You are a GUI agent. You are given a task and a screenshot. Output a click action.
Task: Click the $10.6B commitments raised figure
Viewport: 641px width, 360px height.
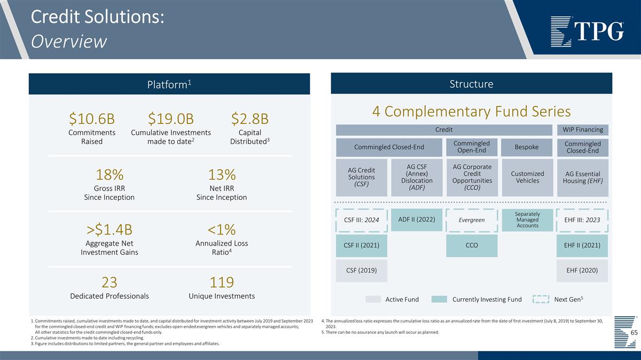click(92, 118)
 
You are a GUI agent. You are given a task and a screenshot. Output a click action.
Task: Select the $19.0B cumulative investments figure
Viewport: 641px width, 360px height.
click(171, 118)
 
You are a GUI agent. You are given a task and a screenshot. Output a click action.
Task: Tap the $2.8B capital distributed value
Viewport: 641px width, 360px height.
click(249, 118)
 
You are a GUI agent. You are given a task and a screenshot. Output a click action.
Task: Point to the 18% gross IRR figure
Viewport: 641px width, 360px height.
click(110, 175)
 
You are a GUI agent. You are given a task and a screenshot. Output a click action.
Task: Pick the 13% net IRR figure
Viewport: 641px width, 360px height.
click(222, 175)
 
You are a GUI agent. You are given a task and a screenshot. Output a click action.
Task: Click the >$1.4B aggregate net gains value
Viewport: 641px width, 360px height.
click(110, 230)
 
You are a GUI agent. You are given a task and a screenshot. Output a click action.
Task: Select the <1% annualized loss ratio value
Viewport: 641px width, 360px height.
click(222, 230)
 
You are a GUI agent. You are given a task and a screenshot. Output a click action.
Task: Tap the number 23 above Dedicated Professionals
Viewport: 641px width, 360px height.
click(110, 282)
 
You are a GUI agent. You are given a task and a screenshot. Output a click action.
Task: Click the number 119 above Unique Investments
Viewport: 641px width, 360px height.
click(222, 282)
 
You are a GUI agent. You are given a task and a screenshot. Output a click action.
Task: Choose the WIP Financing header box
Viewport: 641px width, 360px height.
click(582, 130)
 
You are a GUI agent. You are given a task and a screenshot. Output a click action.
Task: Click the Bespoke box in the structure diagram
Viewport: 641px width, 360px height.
click(527, 147)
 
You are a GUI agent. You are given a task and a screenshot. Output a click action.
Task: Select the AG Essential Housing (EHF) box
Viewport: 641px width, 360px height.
click(582, 177)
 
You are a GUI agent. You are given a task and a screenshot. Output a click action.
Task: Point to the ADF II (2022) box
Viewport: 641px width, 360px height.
click(417, 220)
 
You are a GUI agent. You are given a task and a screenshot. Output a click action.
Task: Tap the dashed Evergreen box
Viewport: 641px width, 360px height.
click(472, 220)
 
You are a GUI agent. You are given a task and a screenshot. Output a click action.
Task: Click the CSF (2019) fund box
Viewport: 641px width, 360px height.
click(362, 270)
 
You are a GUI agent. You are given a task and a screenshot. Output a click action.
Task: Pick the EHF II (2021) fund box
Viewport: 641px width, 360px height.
click(582, 246)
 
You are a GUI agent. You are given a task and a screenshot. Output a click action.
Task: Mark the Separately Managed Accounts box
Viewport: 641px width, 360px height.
click(527, 220)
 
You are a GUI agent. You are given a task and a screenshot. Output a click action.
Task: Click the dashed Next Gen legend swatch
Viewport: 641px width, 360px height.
click(541, 299)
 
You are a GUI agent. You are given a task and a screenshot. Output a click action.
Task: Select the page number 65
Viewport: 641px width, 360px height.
click(634, 333)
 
